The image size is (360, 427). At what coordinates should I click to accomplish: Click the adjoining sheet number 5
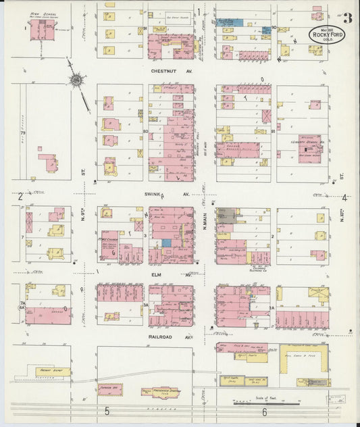106,411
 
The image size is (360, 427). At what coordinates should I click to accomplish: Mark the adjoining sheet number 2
21,197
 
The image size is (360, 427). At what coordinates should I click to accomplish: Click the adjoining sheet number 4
344,198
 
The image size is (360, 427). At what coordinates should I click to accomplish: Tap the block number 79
22,134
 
